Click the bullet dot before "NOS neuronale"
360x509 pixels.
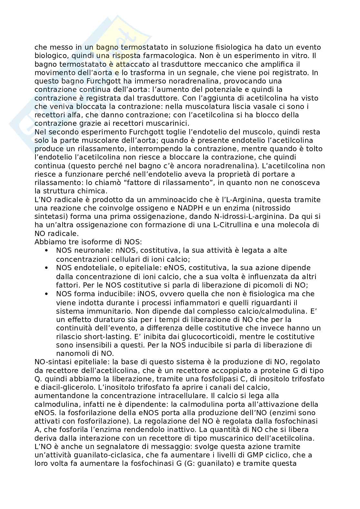[47, 250]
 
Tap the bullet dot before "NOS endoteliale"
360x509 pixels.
[47, 268]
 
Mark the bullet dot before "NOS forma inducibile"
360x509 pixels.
[47, 294]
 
